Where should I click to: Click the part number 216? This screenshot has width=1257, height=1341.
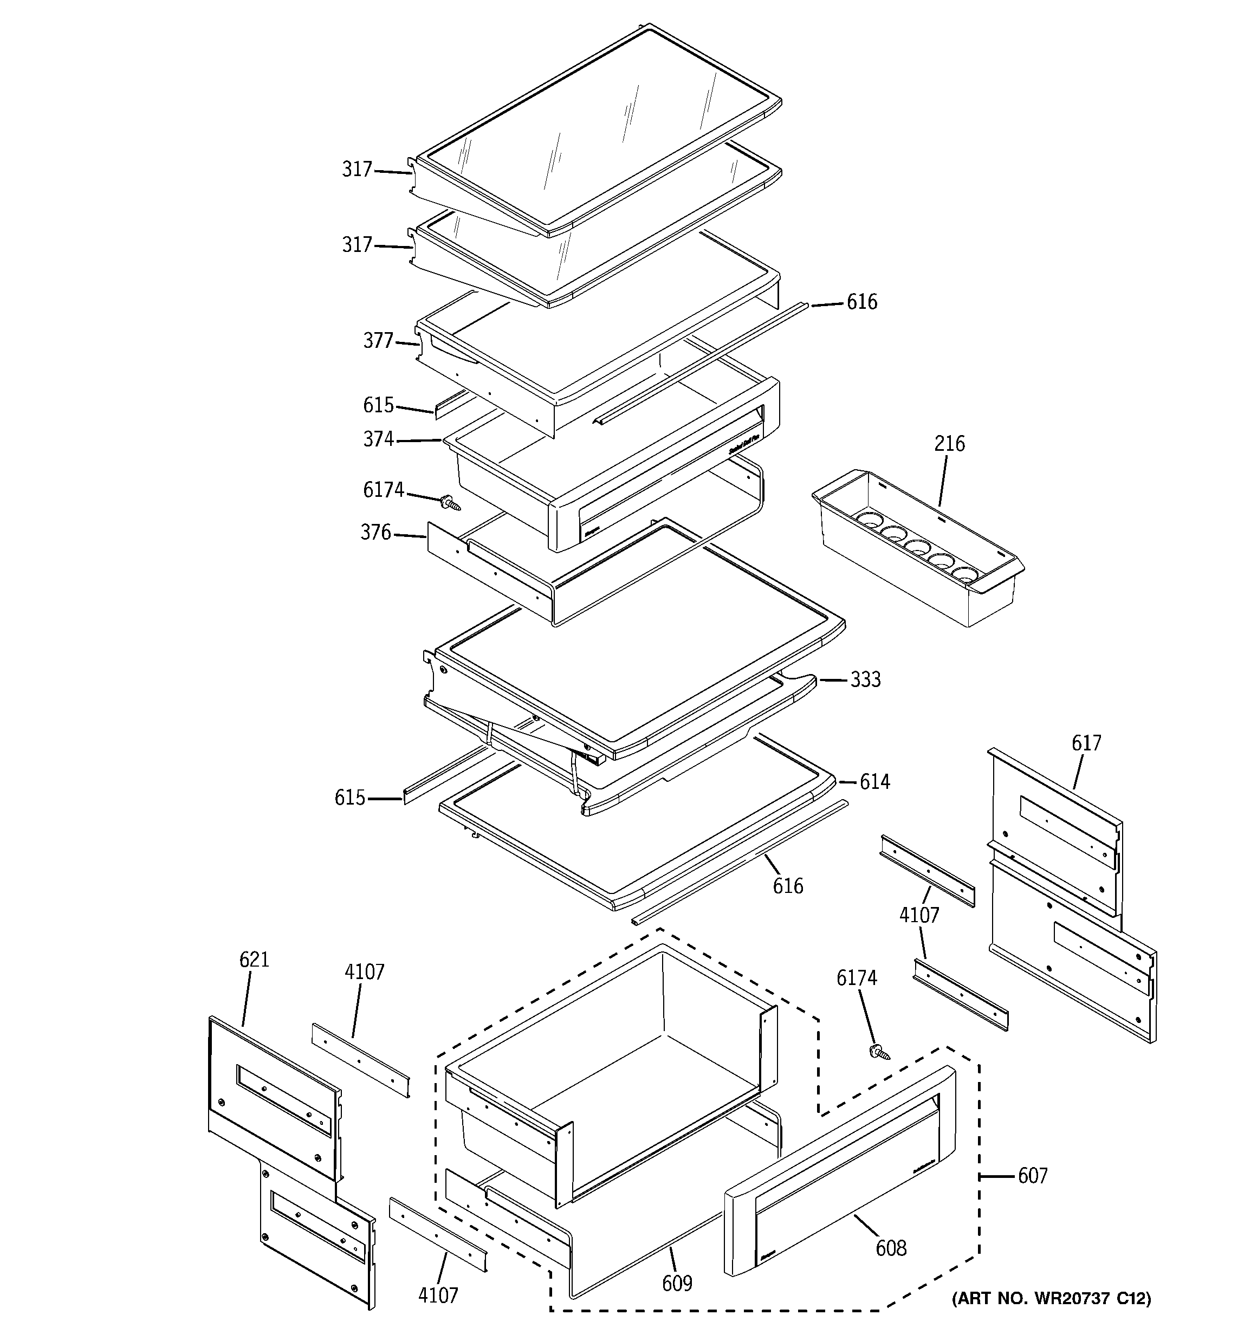(x=949, y=444)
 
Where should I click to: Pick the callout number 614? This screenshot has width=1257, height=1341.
(x=874, y=782)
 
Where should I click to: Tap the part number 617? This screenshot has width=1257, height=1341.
(x=1086, y=743)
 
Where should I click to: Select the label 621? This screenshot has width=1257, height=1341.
(x=254, y=959)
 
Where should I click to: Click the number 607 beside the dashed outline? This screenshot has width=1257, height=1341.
(x=1032, y=1176)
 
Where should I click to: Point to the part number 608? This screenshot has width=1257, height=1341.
(x=891, y=1248)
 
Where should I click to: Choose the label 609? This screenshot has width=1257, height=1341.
(x=677, y=1283)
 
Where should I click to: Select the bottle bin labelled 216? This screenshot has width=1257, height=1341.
(x=918, y=546)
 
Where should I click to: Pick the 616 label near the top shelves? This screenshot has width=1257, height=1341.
(x=861, y=302)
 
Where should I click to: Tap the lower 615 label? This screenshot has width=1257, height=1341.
(x=349, y=798)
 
